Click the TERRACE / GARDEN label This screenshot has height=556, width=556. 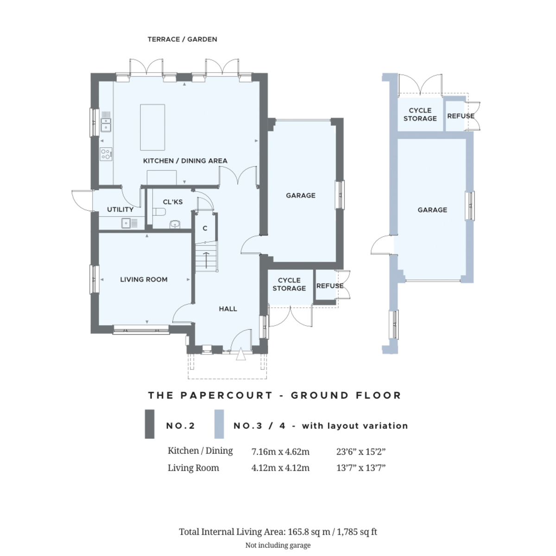(x=182, y=39)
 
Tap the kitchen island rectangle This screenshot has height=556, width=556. (x=152, y=127)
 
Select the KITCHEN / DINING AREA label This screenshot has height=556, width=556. (x=185, y=161)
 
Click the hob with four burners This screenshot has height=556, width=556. (x=106, y=154)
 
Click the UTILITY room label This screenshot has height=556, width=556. (x=120, y=209)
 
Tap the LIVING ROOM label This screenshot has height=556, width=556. (x=144, y=279)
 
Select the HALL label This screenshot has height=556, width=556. (x=227, y=309)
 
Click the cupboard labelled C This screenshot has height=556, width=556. (x=205, y=228)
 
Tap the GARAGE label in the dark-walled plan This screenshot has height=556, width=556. (x=300, y=196)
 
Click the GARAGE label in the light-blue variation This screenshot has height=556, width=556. (x=432, y=210)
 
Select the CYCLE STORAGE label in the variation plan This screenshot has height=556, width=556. (x=420, y=114)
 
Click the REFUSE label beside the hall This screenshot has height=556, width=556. (x=329, y=286)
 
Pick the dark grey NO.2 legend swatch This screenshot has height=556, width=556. (x=150, y=424)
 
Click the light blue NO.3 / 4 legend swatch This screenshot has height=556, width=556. (x=219, y=424)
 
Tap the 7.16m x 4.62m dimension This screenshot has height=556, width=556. (x=280, y=451)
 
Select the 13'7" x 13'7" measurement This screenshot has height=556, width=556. (x=361, y=468)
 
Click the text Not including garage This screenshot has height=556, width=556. (x=278, y=545)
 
